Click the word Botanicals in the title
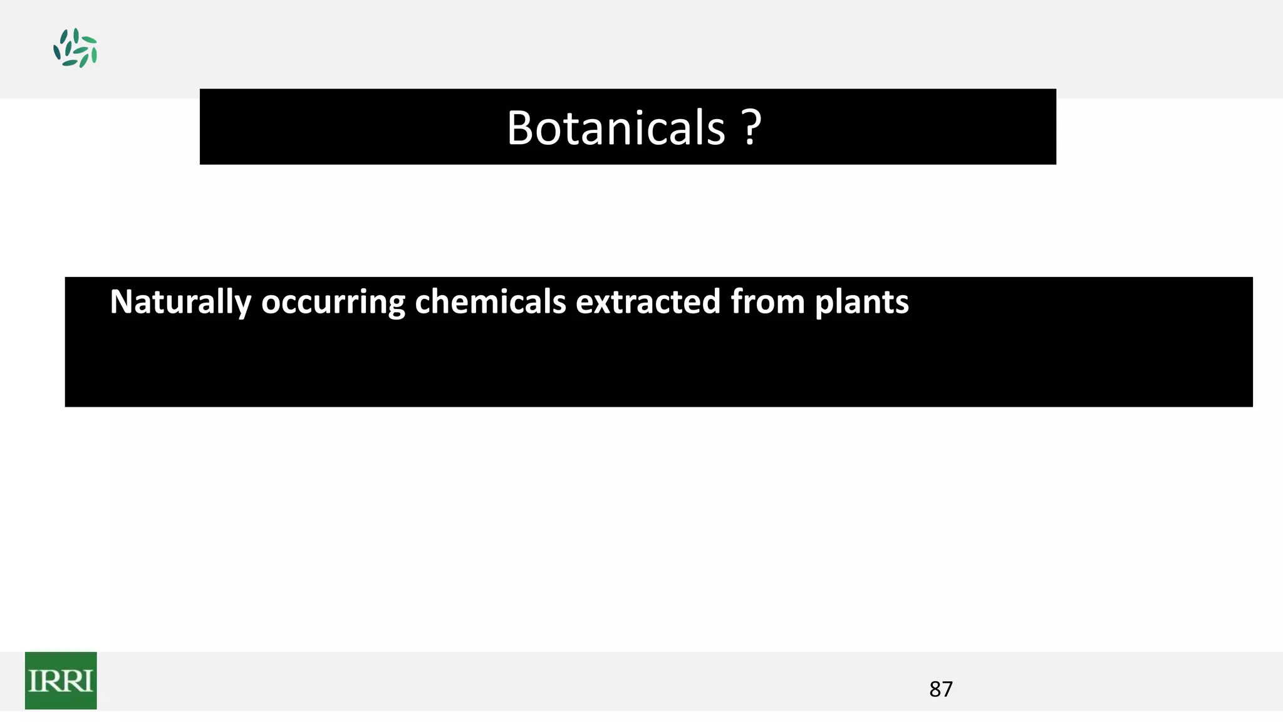pyautogui.click(x=616, y=128)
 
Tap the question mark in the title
pyautogui.click(x=752, y=128)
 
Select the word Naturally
pyautogui.click(x=180, y=302)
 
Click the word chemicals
pyautogui.click(x=491, y=301)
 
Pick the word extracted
pyautogui.click(x=648, y=301)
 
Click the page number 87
pyautogui.click(x=941, y=689)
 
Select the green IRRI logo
pyautogui.click(x=61, y=681)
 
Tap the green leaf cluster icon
pyautogui.click(x=75, y=48)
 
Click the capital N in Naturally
pyautogui.click(x=122, y=301)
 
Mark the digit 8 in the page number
pyautogui.click(x=935, y=689)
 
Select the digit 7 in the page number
pyautogui.click(x=947, y=689)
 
